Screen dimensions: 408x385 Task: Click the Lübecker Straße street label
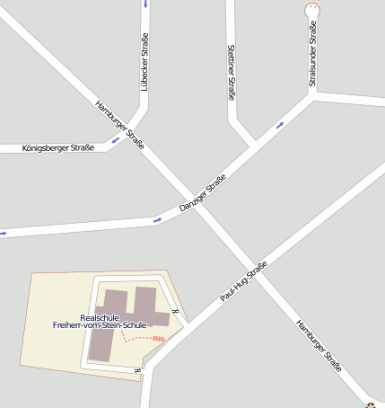pos(144,61)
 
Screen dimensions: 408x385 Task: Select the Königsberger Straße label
pos(57,147)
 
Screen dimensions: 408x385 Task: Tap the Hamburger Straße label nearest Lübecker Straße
pos(119,125)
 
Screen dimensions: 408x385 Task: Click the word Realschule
pos(100,317)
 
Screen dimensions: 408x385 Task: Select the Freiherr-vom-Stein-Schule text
pos(100,325)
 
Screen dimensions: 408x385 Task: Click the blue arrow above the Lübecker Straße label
pos(145,4)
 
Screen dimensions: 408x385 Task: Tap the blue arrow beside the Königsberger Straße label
pos(115,140)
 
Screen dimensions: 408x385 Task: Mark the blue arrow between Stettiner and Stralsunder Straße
pos(279,125)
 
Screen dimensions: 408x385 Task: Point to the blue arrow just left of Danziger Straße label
pos(158,218)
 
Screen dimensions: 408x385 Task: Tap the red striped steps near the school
pos(159,339)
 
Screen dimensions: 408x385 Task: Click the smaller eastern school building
pos(151,306)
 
